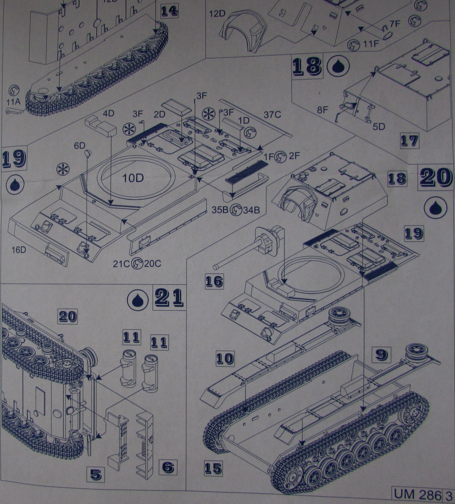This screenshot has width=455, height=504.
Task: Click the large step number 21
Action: click(x=169, y=297)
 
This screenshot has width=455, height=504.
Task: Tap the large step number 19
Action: click(x=14, y=159)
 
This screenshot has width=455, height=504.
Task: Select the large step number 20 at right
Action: click(x=435, y=177)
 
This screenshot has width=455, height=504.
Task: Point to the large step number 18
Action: click(x=307, y=66)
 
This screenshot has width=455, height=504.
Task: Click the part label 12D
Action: click(x=217, y=14)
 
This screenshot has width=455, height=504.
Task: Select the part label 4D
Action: click(x=109, y=113)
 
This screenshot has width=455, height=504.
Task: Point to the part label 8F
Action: click(x=322, y=110)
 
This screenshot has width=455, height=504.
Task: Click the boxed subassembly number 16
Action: click(x=214, y=281)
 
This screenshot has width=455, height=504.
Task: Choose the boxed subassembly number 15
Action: click(x=213, y=468)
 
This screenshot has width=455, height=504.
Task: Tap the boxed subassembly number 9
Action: click(x=381, y=354)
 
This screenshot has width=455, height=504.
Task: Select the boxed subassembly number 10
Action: click(x=225, y=358)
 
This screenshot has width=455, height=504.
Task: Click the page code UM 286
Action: click(x=417, y=494)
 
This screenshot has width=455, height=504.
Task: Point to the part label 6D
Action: click(x=80, y=146)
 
